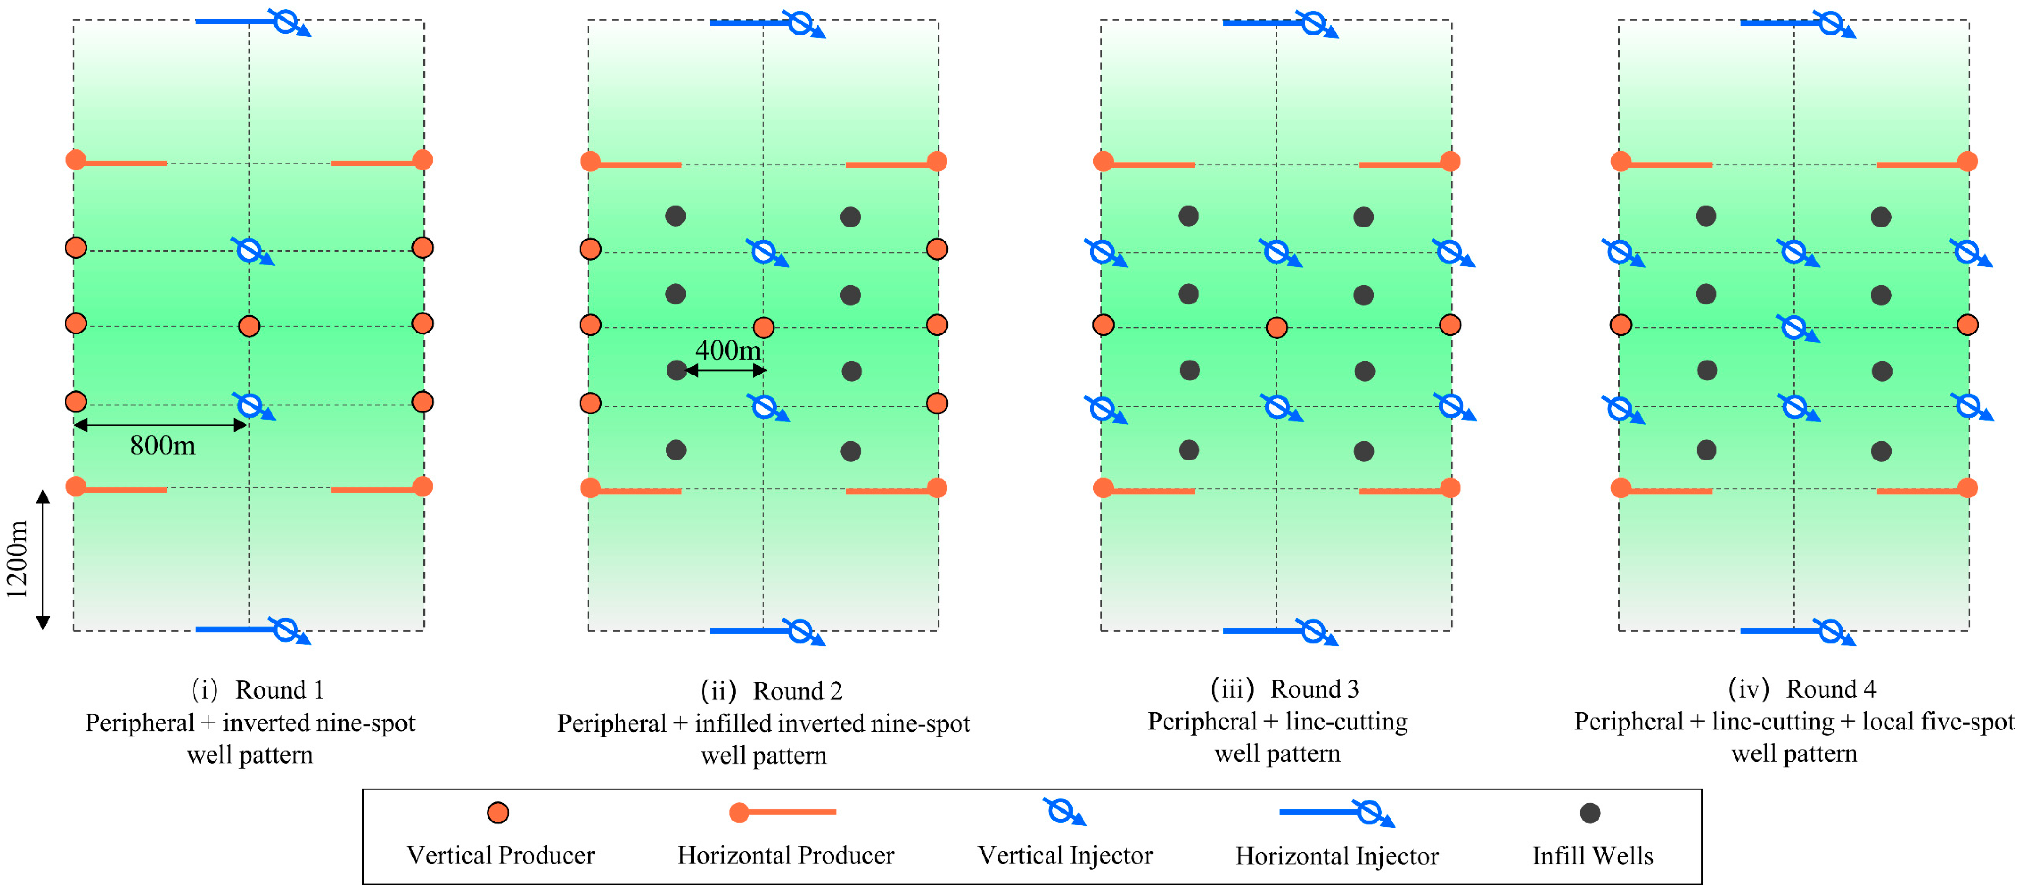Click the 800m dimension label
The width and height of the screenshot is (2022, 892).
163,446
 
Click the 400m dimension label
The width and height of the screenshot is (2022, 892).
728,350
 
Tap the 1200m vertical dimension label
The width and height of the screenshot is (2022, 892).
17,559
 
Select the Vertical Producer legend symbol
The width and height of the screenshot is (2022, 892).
498,813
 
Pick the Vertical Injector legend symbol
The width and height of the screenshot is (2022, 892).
1061,811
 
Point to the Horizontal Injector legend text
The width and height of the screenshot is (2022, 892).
1337,856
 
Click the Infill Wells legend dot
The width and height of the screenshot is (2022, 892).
1590,813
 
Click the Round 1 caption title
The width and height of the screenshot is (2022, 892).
280,690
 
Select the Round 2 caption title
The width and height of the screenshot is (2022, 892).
797,691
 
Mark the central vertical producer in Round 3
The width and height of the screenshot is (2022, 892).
1276,327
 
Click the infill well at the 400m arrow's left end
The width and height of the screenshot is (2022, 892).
676,370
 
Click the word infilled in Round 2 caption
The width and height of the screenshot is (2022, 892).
734,723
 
